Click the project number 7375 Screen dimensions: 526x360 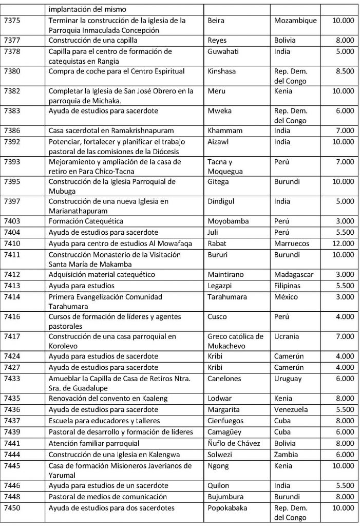click(x=12, y=21)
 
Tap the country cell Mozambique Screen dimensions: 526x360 click(x=295, y=21)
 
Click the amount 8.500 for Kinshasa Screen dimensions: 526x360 click(x=343, y=71)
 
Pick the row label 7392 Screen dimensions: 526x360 click(x=12, y=141)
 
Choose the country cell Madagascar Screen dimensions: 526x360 click(x=296, y=274)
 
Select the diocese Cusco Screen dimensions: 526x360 click(x=217, y=316)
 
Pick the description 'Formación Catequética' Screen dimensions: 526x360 click(x=86, y=221)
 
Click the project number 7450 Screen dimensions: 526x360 click(x=12, y=508)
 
